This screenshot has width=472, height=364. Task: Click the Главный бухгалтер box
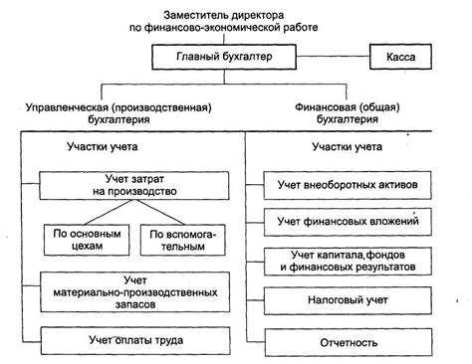[x=224, y=59]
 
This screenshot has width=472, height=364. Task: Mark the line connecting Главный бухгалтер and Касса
[x=332, y=59]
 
